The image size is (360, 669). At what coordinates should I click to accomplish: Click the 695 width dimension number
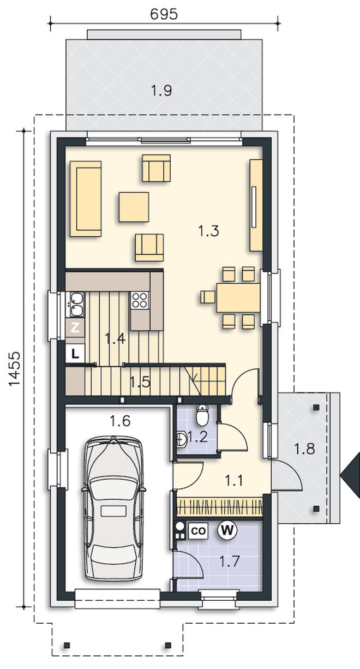(x=164, y=14)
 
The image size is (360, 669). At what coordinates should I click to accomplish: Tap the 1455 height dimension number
(x=14, y=369)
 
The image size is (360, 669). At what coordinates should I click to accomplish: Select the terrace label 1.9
(x=161, y=91)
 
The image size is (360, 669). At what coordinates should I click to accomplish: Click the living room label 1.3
(x=209, y=231)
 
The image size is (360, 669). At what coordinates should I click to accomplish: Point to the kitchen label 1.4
(x=115, y=339)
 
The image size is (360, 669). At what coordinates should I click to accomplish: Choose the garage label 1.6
(x=120, y=421)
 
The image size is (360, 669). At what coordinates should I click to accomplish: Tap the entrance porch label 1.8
(x=304, y=449)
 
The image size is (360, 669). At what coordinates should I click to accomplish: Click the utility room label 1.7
(x=229, y=561)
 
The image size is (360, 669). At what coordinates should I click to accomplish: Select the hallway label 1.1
(x=233, y=481)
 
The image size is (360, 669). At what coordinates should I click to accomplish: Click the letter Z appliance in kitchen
(x=75, y=328)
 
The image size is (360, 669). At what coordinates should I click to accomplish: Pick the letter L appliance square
(x=75, y=354)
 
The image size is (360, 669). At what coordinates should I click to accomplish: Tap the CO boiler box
(x=198, y=531)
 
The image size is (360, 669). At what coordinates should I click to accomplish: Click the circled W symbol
(x=227, y=530)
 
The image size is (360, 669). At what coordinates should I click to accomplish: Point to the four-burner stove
(x=140, y=300)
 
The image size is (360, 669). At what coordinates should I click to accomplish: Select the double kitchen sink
(x=77, y=304)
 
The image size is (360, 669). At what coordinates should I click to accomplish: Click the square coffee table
(x=134, y=207)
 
